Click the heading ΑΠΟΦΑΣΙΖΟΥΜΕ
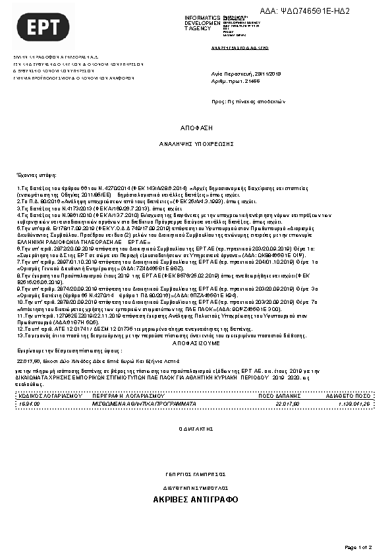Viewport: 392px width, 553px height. pos(194,343)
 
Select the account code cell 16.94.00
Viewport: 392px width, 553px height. pos(31,403)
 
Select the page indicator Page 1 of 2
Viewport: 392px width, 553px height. pos(358,546)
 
